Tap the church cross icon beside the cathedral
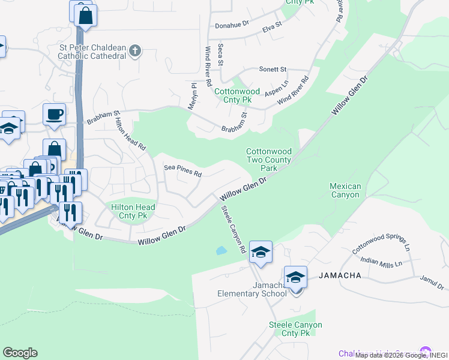pyautogui.click(x=134, y=51)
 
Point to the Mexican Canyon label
pyautogui.click(x=345, y=190)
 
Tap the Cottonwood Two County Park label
pyautogui.click(x=269, y=160)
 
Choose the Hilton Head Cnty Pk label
pyautogui.click(x=133, y=211)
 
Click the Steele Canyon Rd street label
pyautogui.click(x=234, y=229)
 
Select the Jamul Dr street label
pyautogui.click(x=431, y=279)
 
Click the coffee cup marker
pyautogui.click(x=55, y=114)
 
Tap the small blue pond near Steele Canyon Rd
pyautogui.click(x=221, y=251)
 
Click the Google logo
pyautogui.click(x=20, y=353)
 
